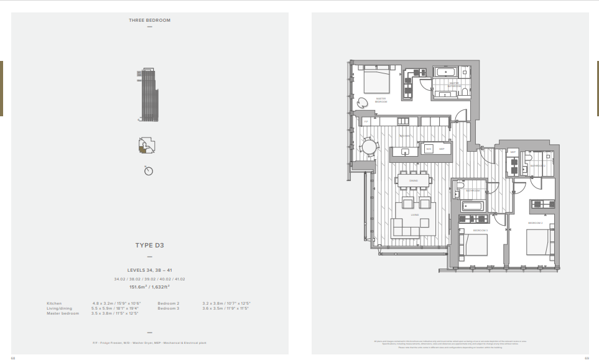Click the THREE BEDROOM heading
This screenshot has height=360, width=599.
149,20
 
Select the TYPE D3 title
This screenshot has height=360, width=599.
149,246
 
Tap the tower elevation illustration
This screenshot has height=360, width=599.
147,96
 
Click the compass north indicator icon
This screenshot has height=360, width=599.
149,170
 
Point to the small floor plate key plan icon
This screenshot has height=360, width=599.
147,145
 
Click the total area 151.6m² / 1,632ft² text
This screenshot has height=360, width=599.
149,287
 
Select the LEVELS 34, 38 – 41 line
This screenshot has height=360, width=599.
149,270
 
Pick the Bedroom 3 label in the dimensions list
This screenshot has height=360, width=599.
168,308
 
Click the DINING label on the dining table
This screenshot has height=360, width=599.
414,181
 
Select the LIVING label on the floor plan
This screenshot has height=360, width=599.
414,215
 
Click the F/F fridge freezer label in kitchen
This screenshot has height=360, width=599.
366,121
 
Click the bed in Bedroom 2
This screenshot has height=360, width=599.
539,242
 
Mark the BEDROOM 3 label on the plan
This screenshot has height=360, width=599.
480,231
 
